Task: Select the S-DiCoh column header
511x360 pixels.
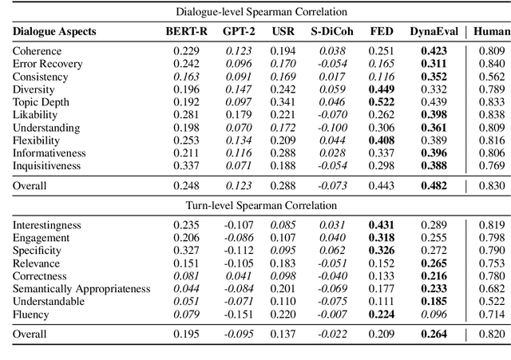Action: (x=327, y=32)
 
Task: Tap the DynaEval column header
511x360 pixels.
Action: (x=433, y=32)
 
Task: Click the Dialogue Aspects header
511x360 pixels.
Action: (x=54, y=32)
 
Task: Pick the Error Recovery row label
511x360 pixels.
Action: (x=47, y=64)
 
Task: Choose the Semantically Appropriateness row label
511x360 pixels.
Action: (x=81, y=288)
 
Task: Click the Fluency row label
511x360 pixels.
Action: (x=31, y=314)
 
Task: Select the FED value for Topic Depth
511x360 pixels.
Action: (x=381, y=102)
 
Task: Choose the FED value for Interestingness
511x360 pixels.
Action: (x=381, y=225)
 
